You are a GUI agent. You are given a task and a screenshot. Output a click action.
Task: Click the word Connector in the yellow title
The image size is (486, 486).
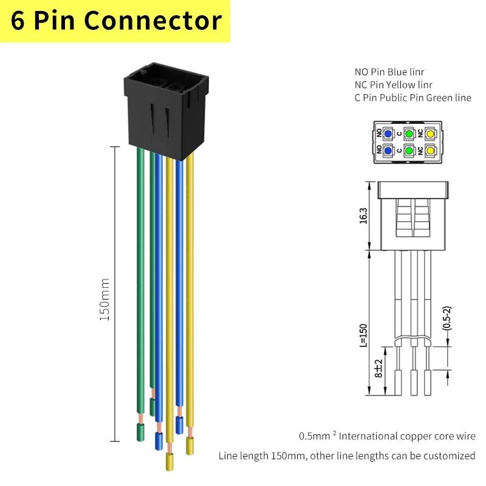(x=153, y=21)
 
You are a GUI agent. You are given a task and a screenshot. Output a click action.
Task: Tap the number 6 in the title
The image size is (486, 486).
(x=18, y=21)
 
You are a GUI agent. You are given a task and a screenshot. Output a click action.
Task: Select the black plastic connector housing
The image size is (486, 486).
(x=166, y=111)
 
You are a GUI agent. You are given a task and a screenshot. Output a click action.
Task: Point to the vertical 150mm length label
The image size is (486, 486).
(x=104, y=299)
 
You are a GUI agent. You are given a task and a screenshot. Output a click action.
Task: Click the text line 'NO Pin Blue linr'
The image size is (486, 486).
(x=389, y=72)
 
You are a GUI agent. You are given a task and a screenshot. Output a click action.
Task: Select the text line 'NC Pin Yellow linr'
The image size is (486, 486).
(x=393, y=84)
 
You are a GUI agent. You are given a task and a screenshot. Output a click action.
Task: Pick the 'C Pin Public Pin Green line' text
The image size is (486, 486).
(x=413, y=98)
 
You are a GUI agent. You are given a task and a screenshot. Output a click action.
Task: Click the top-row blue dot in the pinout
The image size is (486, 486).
(x=388, y=134)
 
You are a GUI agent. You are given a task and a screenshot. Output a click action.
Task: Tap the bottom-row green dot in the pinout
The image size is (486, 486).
(x=409, y=151)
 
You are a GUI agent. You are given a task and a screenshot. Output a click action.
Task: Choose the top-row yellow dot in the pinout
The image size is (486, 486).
(x=430, y=134)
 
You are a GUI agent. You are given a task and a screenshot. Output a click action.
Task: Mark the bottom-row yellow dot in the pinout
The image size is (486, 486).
(x=430, y=151)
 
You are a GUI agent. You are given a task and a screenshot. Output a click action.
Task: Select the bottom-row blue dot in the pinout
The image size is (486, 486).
(x=388, y=151)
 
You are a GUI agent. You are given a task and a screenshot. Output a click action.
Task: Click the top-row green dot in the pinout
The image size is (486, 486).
(x=409, y=134)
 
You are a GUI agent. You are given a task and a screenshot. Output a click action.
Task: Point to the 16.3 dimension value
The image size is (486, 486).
(x=363, y=216)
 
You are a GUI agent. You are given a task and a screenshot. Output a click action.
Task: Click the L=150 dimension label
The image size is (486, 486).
(x=363, y=335)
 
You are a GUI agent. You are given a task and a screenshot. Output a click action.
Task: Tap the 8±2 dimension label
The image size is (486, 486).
(x=378, y=368)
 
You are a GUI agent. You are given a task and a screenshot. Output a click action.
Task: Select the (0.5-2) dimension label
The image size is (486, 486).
(x=447, y=318)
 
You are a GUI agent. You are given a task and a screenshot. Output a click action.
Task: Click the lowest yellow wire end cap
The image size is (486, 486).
(x=169, y=462)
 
